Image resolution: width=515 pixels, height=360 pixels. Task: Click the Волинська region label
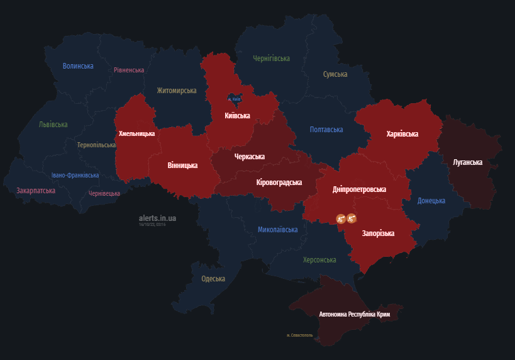click(78, 66)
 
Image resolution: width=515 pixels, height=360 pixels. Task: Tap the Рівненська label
click(129, 70)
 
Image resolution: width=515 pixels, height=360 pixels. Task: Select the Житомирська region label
click(177, 91)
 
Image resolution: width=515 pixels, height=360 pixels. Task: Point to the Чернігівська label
click(271, 59)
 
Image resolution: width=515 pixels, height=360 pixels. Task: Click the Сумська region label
click(335, 74)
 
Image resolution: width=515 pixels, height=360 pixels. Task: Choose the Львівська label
click(53, 125)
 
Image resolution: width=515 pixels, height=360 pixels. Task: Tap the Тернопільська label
click(96, 145)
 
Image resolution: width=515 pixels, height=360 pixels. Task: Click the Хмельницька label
click(136, 133)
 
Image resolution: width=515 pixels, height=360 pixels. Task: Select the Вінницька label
click(182, 166)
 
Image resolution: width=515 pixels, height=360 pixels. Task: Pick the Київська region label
click(237, 116)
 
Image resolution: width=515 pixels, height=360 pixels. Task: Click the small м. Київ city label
click(234, 99)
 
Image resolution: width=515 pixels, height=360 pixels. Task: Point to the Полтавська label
click(326, 130)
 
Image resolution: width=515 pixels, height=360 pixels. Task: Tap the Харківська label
click(402, 134)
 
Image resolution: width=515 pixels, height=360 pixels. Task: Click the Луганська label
click(467, 162)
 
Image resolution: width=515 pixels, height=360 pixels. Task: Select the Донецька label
click(431, 201)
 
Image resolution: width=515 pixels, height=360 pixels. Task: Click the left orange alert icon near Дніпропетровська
click(340, 218)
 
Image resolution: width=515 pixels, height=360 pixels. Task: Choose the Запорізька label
click(378, 233)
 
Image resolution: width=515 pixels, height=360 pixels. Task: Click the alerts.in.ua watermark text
click(157, 218)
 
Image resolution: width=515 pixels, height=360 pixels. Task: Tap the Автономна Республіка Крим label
click(355, 313)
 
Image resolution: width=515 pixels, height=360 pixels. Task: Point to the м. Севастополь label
click(299, 335)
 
